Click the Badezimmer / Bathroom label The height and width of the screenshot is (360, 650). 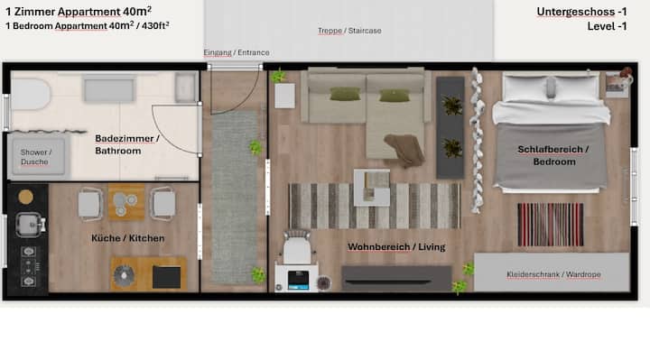(x=127, y=144)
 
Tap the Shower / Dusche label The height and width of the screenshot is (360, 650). (x=36, y=157)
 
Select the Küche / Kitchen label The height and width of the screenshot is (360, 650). (x=127, y=238)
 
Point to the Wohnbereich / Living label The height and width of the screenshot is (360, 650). (x=396, y=247)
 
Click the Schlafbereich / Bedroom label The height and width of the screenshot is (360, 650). (x=553, y=155)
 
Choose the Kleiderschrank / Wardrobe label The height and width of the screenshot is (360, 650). (x=553, y=274)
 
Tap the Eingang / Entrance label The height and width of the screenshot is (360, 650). (x=237, y=52)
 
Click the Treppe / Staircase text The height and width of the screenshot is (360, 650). (x=349, y=31)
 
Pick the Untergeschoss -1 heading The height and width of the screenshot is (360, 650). (x=581, y=12)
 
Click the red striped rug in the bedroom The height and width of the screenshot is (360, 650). (x=551, y=224)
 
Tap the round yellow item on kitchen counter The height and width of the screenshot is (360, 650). (x=25, y=198)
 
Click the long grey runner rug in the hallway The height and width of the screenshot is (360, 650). (x=234, y=197)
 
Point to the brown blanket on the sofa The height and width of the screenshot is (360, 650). (x=405, y=149)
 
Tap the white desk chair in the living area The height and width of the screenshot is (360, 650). (x=297, y=247)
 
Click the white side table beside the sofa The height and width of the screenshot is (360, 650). (x=284, y=96)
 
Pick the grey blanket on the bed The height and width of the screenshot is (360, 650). (x=552, y=156)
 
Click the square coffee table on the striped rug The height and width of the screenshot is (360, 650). (x=372, y=188)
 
